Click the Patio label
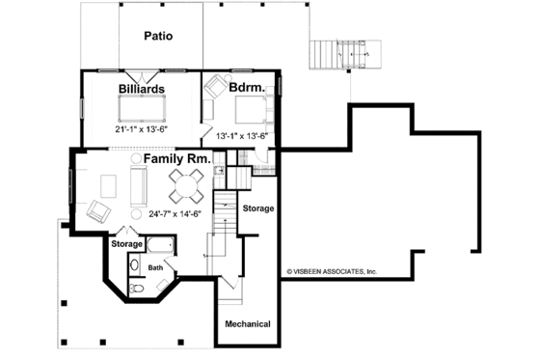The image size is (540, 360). tap(158, 38)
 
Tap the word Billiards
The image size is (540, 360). tap(142, 89)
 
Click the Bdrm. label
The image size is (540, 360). tap(247, 88)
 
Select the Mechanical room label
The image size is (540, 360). tap(248, 323)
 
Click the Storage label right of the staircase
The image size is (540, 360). tap(258, 208)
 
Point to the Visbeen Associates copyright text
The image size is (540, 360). tap(331, 272)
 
